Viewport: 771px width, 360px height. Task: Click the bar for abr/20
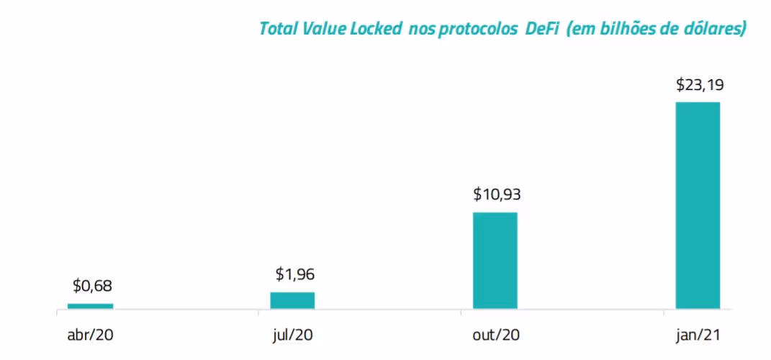90,306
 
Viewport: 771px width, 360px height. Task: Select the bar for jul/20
292,300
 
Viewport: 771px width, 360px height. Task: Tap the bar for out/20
495,260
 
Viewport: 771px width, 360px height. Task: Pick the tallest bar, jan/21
697,205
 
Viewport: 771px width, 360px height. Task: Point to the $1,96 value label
294,274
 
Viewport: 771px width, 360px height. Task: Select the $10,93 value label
497,194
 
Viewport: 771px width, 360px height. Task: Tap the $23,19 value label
700,84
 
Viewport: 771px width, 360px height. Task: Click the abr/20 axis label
90,336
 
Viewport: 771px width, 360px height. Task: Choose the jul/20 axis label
292,336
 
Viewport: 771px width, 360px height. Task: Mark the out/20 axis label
495,336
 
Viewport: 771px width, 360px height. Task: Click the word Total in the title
276,29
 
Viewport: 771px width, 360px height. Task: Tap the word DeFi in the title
536,29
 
